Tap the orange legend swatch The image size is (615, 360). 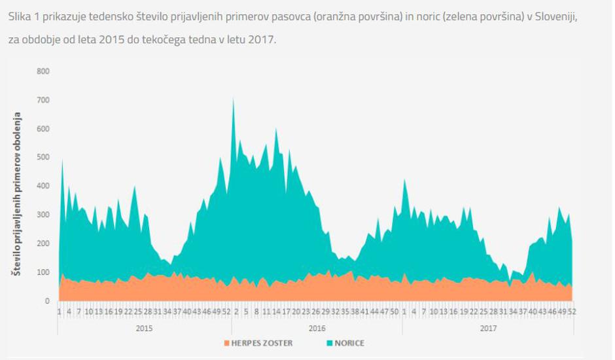(227, 343)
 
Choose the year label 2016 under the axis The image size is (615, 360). (317, 327)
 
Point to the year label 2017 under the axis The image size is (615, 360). (488, 327)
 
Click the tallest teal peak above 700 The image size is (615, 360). (234, 99)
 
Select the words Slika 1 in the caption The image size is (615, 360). (24, 16)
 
